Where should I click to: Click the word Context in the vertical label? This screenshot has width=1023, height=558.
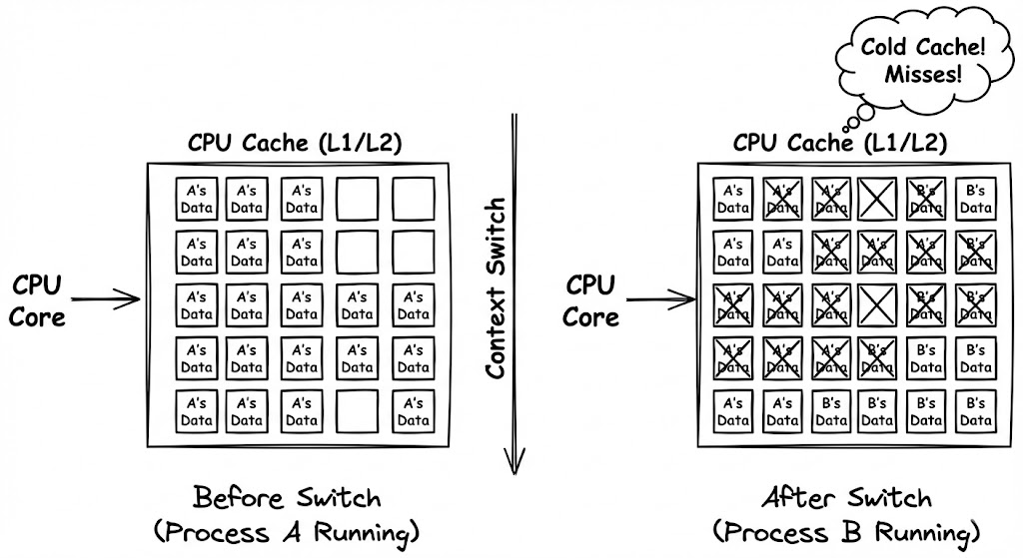(x=497, y=333)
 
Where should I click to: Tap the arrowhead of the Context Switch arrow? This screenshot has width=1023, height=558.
(x=514, y=461)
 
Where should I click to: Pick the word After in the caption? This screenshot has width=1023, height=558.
(x=796, y=498)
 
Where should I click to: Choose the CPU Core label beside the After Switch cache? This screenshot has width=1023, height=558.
(x=590, y=300)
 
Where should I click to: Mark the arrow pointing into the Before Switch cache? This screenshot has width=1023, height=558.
(x=106, y=297)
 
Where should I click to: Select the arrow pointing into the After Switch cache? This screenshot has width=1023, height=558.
(x=659, y=297)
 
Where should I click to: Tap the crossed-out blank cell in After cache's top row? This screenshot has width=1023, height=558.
(x=876, y=196)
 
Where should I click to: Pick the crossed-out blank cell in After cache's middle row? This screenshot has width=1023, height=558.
(x=876, y=303)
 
